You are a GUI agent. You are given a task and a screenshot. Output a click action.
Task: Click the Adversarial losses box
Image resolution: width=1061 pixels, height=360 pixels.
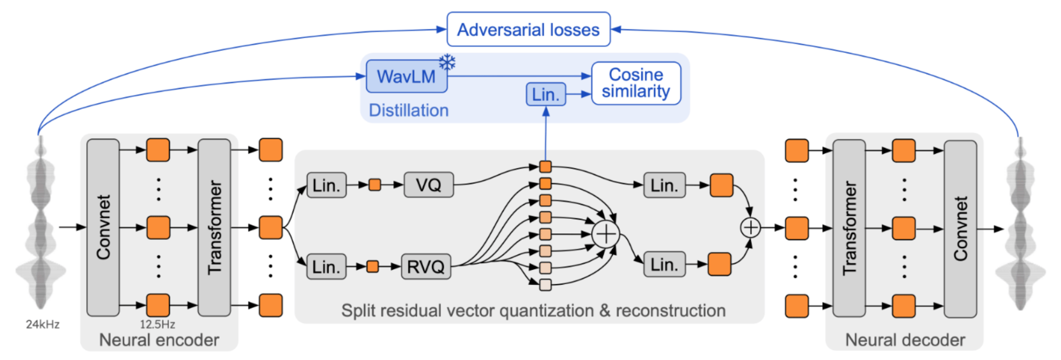528,29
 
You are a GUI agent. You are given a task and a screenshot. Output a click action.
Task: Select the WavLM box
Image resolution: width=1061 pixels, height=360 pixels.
407,76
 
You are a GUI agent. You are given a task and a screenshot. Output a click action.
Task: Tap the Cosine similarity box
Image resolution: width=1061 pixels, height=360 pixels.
636,83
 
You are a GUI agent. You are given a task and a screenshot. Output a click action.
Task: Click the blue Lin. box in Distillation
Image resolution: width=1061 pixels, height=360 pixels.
546,94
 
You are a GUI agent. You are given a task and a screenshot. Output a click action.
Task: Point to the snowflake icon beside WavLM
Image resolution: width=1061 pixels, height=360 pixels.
447,62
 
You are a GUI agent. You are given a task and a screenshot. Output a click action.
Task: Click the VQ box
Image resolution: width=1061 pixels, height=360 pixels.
428,185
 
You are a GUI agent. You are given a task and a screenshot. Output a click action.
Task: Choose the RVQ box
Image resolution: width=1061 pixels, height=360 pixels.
426,266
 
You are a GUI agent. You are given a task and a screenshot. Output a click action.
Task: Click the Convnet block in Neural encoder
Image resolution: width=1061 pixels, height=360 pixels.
103,228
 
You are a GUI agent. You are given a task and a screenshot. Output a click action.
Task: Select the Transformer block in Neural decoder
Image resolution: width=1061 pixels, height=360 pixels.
849,228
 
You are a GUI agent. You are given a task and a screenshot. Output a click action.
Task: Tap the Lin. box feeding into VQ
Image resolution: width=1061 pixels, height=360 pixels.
326,185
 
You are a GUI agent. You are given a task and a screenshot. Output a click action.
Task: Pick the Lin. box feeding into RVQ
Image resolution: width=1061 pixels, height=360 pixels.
326,266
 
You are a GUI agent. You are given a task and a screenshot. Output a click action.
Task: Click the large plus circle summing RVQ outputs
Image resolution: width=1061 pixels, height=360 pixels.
606,234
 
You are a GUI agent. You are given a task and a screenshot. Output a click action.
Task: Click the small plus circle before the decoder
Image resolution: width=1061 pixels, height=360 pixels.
751,228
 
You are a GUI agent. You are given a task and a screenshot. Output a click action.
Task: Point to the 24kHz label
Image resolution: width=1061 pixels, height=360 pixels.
43,324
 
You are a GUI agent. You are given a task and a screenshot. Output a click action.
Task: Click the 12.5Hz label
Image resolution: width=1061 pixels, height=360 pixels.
157,324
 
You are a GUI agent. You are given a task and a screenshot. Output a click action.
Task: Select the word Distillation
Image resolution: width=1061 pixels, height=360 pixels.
409,110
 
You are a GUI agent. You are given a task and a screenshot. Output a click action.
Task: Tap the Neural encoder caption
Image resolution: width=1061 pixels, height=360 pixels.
159,340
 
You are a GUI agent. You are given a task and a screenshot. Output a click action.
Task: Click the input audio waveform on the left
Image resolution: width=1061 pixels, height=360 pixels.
41,222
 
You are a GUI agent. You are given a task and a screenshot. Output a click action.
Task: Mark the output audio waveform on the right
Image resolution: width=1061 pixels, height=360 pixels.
1020,224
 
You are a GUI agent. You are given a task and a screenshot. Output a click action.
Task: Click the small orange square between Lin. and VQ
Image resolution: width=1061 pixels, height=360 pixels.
375,185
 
